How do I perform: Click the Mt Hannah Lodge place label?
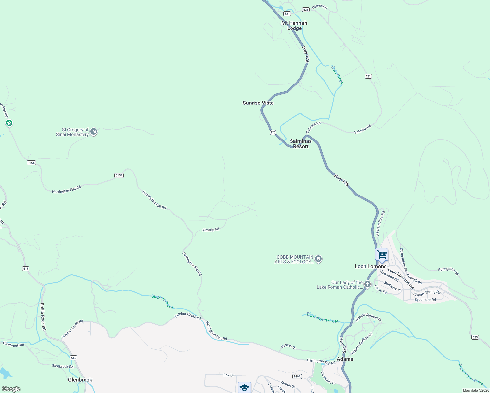[294, 26]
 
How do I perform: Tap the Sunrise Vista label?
[258, 103]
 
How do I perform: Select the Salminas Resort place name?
[301, 144]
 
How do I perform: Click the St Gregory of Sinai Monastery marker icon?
[94, 132]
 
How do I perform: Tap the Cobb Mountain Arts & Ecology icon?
[318, 259]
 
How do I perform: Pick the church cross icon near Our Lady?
[367, 285]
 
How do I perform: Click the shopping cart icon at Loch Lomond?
[382, 255]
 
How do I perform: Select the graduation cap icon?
[244, 388]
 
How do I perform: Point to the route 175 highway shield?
[273, 132]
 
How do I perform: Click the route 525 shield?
[475, 337]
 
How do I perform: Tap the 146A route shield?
[297, 376]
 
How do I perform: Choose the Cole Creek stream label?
[337, 75]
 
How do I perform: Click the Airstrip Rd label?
[211, 230]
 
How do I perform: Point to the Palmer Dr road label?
[289, 347]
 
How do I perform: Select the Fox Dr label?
[229, 375]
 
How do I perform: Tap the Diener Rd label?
[319, 7]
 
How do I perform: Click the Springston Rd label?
[448, 271]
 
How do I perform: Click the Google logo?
[11, 389]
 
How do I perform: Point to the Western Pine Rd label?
[380, 224]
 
